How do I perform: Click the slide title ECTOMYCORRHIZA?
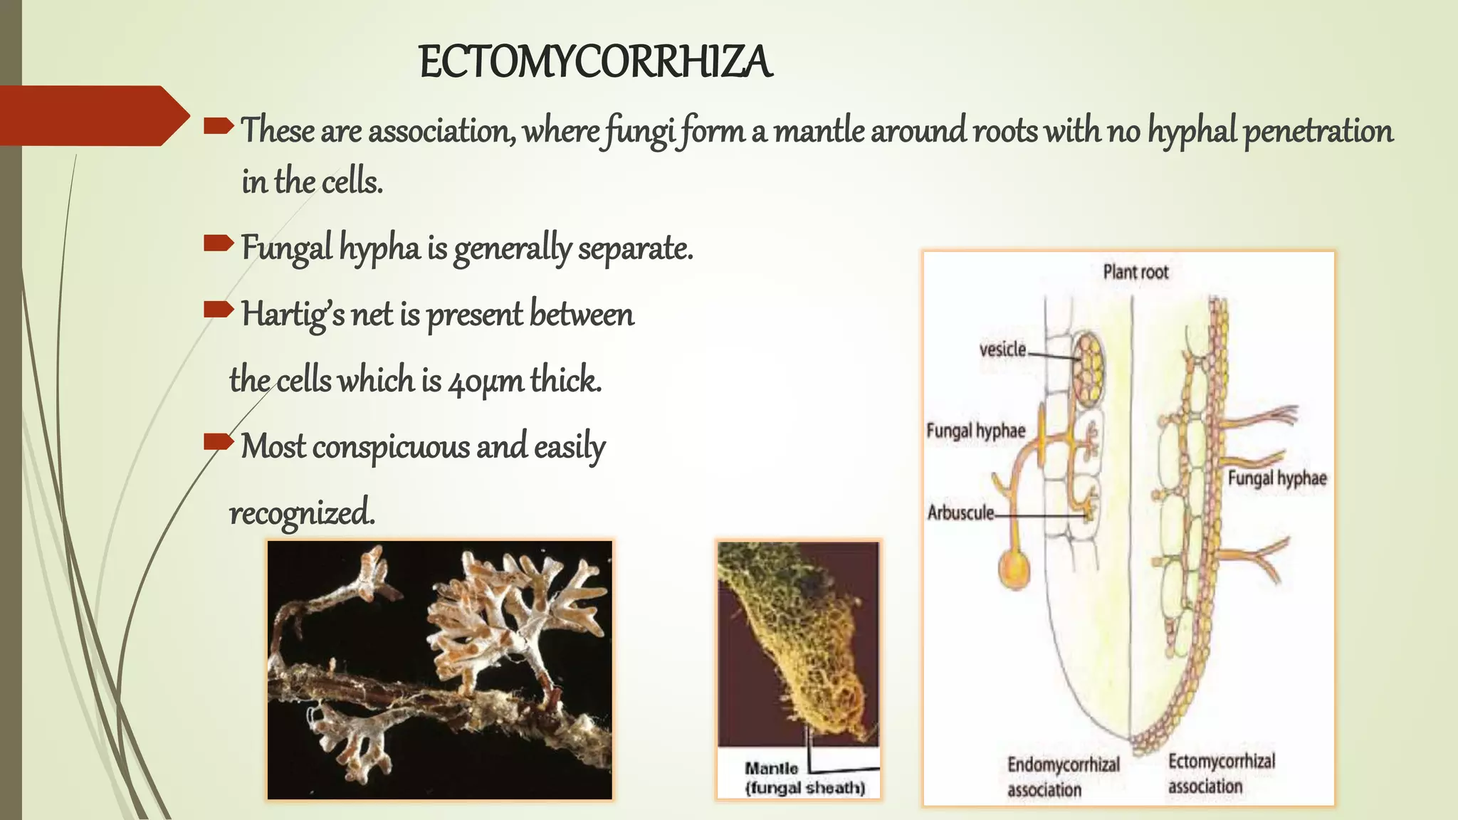595,63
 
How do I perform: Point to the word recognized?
301,512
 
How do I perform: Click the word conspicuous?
390,447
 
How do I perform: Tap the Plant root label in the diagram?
1136,272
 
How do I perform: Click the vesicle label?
1002,349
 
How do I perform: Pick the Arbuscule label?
960,512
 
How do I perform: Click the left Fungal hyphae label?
975,431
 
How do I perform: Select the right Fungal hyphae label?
1277,478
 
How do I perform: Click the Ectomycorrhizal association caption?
1221,774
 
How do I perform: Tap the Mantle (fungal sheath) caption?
804,778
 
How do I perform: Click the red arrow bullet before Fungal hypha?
218,244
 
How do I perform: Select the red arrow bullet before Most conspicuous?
218,443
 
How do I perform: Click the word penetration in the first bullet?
1318,132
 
